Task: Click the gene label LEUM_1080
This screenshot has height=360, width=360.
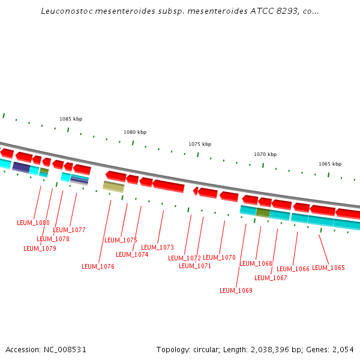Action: click(33, 223)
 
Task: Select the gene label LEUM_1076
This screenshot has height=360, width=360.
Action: click(98, 266)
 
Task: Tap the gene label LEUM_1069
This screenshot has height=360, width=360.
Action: click(236, 290)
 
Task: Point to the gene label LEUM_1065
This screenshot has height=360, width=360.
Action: click(328, 268)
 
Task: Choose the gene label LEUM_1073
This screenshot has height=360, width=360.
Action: click(157, 247)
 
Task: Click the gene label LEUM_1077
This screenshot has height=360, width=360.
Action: click(69, 230)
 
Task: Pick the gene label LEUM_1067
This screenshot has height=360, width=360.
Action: click(271, 278)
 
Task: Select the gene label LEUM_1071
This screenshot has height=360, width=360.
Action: click(195, 266)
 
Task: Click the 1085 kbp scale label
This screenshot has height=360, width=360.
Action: click(71, 119)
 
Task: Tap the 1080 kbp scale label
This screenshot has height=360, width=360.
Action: click(135, 132)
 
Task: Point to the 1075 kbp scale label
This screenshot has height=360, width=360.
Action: click(200, 144)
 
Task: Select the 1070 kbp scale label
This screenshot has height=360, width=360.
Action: click(265, 154)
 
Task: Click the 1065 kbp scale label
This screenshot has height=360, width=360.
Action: click(330, 164)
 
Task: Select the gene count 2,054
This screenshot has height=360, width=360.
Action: click(343, 349)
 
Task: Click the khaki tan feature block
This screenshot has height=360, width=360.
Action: click(113, 187)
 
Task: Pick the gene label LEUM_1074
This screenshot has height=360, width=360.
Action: click(132, 254)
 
